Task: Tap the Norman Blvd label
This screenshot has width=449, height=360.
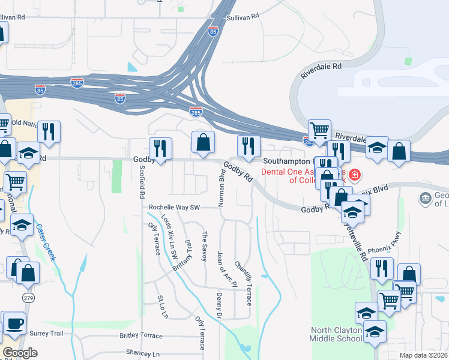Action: click(221, 188)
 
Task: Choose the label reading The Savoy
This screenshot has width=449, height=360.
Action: click(204, 247)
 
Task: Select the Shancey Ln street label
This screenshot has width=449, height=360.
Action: click(143, 354)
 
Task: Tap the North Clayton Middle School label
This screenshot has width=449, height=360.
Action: click(336, 334)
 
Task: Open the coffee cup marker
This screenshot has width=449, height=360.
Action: click(14, 323)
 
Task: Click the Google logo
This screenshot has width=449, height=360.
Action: click(20, 353)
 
